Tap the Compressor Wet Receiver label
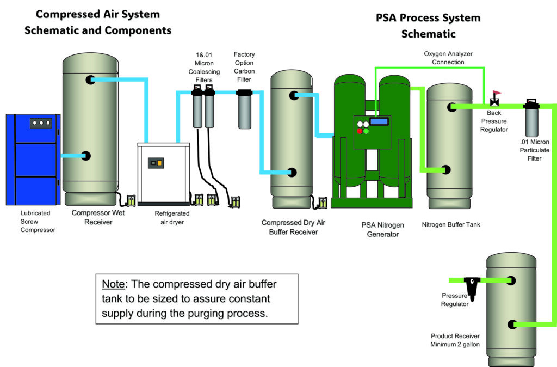tap(98, 217)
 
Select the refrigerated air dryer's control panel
tap(156, 163)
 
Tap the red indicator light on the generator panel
tap(360, 131)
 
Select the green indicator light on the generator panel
tap(366, 131)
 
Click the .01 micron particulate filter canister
tap(531, 120)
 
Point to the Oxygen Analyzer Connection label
tap(448, 58)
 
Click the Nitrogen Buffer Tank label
tap(451, 224)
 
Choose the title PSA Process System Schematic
tap(428, 26)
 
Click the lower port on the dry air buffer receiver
tap(292, 172)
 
